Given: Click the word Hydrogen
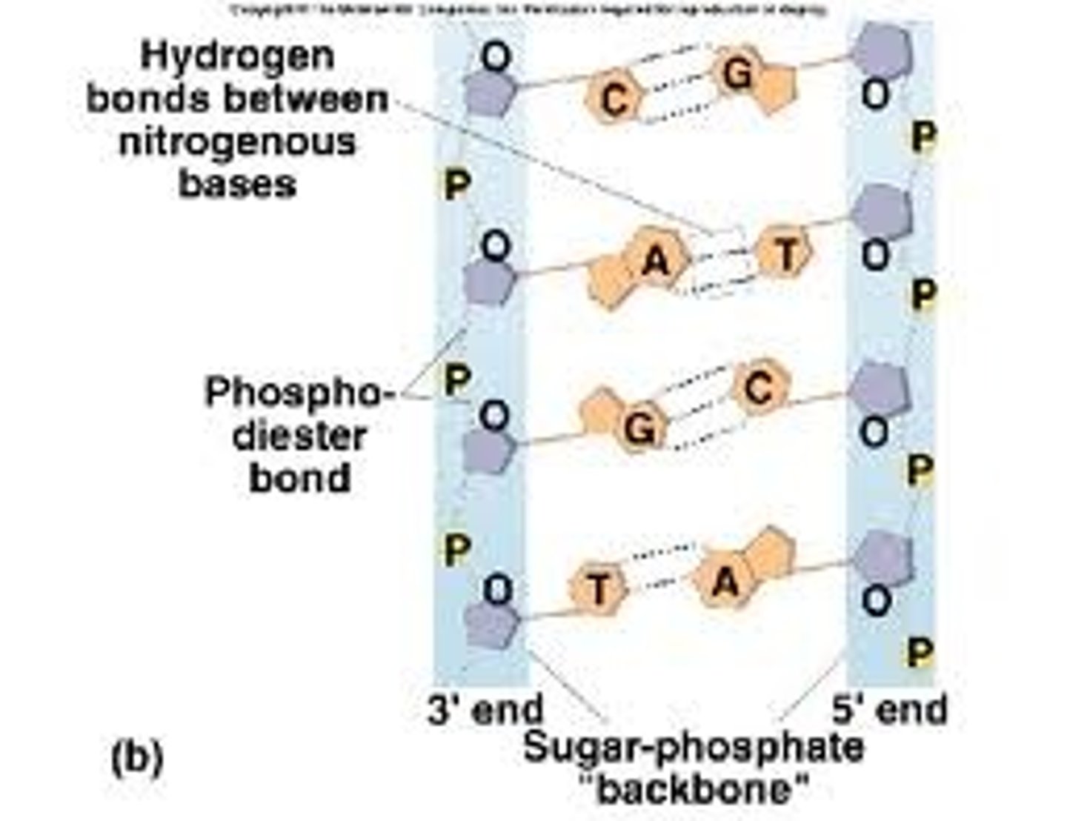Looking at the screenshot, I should pos(237,56).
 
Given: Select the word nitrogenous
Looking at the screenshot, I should pos(237,142).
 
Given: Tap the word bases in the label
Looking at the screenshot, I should pos(237,183).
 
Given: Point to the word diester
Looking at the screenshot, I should pos(299,436).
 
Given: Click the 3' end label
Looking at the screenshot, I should pos(485,709).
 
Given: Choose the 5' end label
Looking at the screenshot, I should pos(889,709).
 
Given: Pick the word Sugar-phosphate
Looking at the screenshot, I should pos(694,747).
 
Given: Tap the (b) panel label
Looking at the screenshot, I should pos(137,757).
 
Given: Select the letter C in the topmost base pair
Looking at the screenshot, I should pos(614,99).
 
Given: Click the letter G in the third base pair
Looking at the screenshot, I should pos(639,428).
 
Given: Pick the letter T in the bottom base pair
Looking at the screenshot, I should pos(599,590).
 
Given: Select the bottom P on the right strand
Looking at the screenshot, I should pos(920,653).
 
